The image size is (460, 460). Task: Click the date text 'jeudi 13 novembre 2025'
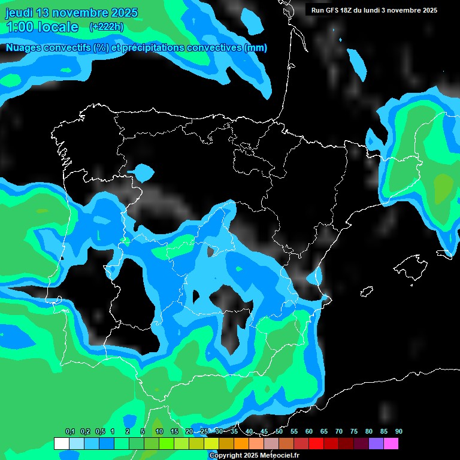coord(71,13)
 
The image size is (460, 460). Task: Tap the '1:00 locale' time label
coord(42,27)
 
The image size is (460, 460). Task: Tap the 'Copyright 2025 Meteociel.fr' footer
coord(254,455)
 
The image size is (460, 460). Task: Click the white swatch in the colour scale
coord(61,444)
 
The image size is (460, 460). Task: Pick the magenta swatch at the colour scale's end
coord(391,444)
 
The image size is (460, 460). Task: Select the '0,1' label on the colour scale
coord(69,432)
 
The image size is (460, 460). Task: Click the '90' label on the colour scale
coord(399,432)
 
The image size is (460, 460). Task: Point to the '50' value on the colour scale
coord(279,432)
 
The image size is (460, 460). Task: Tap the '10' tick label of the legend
coord(159,432)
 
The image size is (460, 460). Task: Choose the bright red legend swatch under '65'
coord(331,444)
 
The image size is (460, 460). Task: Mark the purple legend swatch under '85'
coord(376,444)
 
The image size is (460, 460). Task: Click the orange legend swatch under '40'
coord(241,444)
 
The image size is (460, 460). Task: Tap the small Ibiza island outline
coord(367,292)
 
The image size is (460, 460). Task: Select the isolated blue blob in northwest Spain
coord(141,172)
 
